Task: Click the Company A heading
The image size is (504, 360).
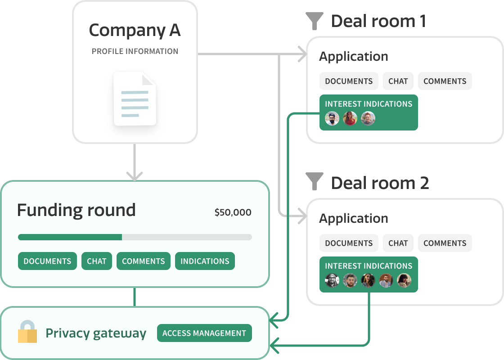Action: [x=135, y=30]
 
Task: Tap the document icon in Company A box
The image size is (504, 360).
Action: [x=135, y=99]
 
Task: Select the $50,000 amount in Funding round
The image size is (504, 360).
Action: [x=233, y=212]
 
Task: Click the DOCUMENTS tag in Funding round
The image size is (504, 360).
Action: [x=47, y=261]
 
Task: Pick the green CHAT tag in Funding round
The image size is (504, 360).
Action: [x=97, y=261]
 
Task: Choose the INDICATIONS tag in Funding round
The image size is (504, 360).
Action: [x=205, y=261]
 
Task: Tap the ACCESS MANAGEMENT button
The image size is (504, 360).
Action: [x=204, y=333]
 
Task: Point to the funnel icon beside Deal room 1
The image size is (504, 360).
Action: [x=314, y=21]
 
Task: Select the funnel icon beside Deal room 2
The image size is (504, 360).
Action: [x=314, y=182]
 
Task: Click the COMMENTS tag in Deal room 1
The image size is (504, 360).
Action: [x=445, y=81]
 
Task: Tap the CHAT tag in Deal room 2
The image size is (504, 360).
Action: [x=398, y=243]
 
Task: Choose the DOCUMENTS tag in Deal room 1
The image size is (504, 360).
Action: [x=349, y=81]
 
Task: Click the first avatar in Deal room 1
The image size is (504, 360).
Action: [x=332, y=118]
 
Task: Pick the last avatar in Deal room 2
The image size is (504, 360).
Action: [x=404, y=280]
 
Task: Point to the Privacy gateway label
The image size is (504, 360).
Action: [x=96, y=333]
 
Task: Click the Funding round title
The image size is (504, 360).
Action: [x=76, y=210]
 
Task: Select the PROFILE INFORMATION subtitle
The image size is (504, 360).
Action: [x=135, y=51]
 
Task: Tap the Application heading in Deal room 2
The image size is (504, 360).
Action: [x=353, y=218]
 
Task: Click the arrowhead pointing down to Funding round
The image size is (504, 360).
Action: [x=135, y=175]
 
